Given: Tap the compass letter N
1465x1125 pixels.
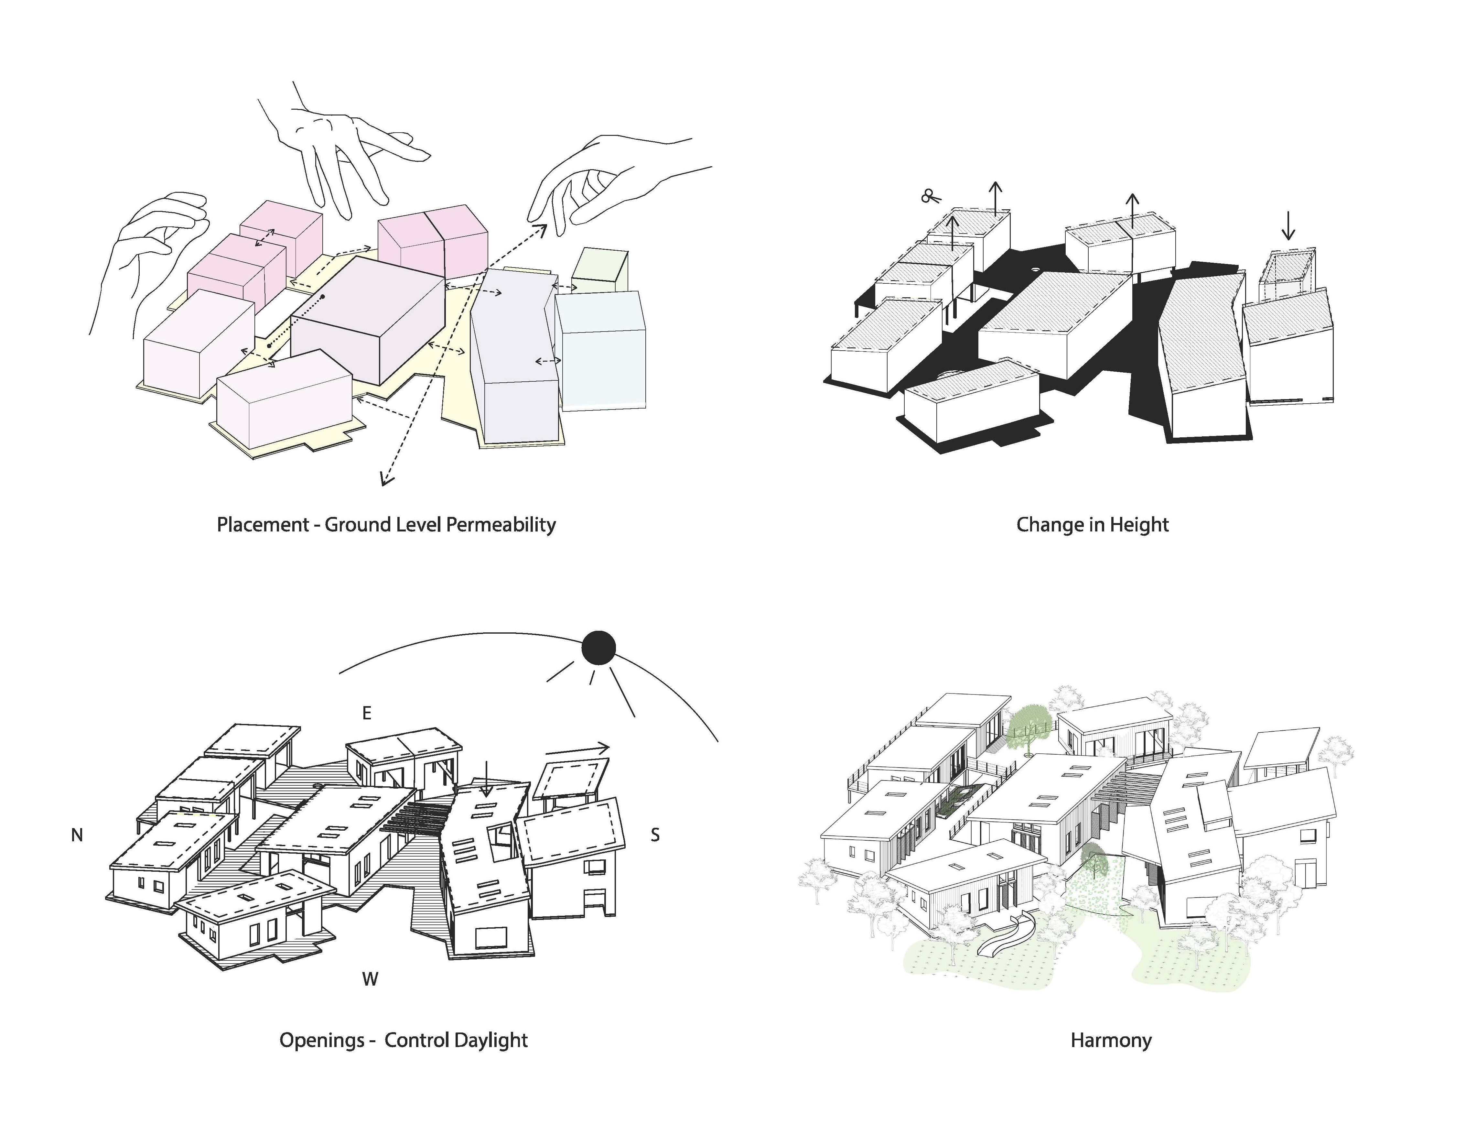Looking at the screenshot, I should pyautogui.click(x=77, y=835).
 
